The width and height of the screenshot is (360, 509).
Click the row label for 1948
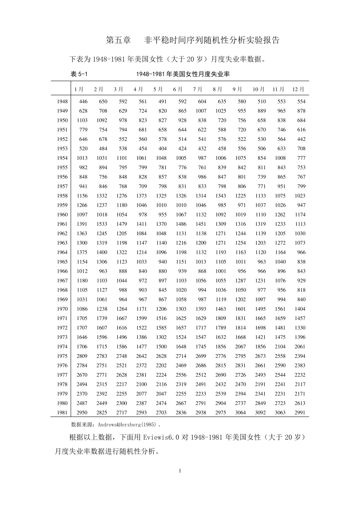point(63,101)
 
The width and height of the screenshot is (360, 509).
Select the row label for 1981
point(63,413)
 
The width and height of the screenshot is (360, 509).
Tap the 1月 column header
point(79,89)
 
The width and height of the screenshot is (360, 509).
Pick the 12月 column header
point(298,89)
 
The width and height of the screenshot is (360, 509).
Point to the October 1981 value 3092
point(260,413)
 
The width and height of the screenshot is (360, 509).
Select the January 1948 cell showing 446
point(83,101)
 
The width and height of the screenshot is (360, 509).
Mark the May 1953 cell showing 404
point(162,148)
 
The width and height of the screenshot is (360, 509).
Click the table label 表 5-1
point(79,74)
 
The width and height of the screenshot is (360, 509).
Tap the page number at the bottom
point(180,471)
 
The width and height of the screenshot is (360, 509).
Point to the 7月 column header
point(197,89)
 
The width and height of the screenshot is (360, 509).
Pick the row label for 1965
point(63,262)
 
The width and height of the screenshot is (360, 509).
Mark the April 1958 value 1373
point(141,196)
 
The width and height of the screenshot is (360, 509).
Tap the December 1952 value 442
point(301,139)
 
